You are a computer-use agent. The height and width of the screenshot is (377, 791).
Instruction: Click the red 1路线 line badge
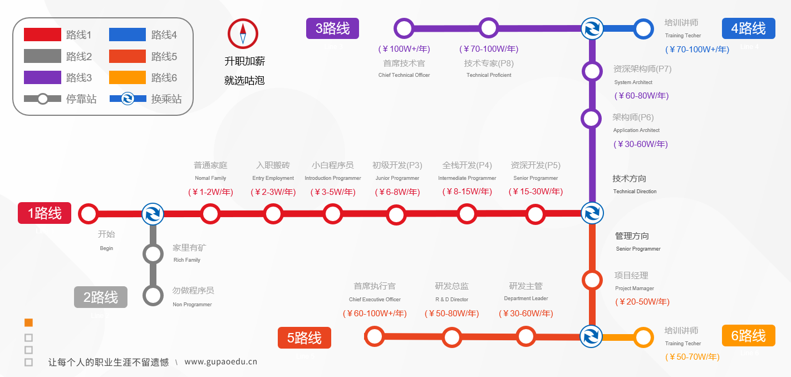[x=45, y=213]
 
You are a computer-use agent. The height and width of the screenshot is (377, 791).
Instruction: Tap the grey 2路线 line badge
[x=101, y=297]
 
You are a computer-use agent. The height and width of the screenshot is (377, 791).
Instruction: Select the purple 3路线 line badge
[x=332, y=28]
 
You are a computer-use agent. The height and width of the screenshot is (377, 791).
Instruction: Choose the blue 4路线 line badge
[x=748, y=28]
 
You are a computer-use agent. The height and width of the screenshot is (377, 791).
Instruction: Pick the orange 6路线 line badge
[x=748, y=336]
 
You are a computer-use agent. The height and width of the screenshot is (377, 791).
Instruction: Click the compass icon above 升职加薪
[x=243, y=33]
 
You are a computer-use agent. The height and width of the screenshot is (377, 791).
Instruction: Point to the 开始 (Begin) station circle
[x=88, y=213]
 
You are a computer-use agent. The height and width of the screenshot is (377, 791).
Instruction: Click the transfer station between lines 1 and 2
[x=153, y=213]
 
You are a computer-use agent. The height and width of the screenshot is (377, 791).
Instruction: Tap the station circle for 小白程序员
[x=332, y=214]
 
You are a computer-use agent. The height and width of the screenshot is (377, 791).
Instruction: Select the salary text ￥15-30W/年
[x=535, y=192]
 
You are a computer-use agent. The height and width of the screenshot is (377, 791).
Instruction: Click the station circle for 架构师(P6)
[x=591, y=119]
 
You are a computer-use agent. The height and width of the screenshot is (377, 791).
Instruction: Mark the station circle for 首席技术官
[x=404, y=28]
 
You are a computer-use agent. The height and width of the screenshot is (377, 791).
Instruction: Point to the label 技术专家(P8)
[x=489, y=63]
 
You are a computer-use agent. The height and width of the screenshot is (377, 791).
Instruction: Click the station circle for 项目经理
[x=592, y=280]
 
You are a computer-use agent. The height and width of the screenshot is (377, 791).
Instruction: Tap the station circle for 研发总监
[x=452, y=337]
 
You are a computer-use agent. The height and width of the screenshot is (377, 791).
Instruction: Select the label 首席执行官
[x=375, y=286]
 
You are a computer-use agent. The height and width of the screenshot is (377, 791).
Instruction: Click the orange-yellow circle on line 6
[x=643, y=337]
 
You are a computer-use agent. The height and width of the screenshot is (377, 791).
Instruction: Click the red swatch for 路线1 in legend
[x=42, y=35]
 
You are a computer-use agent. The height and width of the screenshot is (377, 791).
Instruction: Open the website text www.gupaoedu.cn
[x=220, y=362]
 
